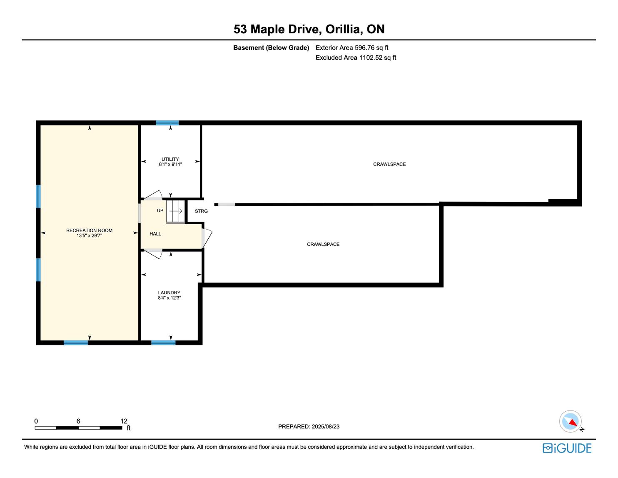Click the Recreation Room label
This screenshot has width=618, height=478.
coord(89,230)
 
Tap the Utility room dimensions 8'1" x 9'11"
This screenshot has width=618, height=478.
coord(170,165)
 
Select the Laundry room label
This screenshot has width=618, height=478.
coord(169,293)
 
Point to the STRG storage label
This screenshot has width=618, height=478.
coord(201,211)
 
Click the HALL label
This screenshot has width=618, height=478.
coord(155,234)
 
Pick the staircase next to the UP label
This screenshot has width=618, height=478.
coord(175,211)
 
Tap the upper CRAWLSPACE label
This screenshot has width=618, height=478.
coord(389,165)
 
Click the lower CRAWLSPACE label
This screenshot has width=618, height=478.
coord(323,244)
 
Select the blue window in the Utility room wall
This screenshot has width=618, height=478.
coord(167,123)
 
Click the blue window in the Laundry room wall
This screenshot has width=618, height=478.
coord(163,343)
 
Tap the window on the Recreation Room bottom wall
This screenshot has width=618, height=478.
coord(76,343)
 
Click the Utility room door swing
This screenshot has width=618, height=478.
coord(153,195)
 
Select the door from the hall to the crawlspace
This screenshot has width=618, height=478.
coord(207,238)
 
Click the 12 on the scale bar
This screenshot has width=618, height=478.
coord(124,421)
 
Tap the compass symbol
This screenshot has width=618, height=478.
coord(570,422)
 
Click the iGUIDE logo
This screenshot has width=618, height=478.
coord(567,448)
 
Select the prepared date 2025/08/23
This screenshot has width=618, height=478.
coord(325,427)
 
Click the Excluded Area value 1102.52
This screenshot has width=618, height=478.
coord(371,58)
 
